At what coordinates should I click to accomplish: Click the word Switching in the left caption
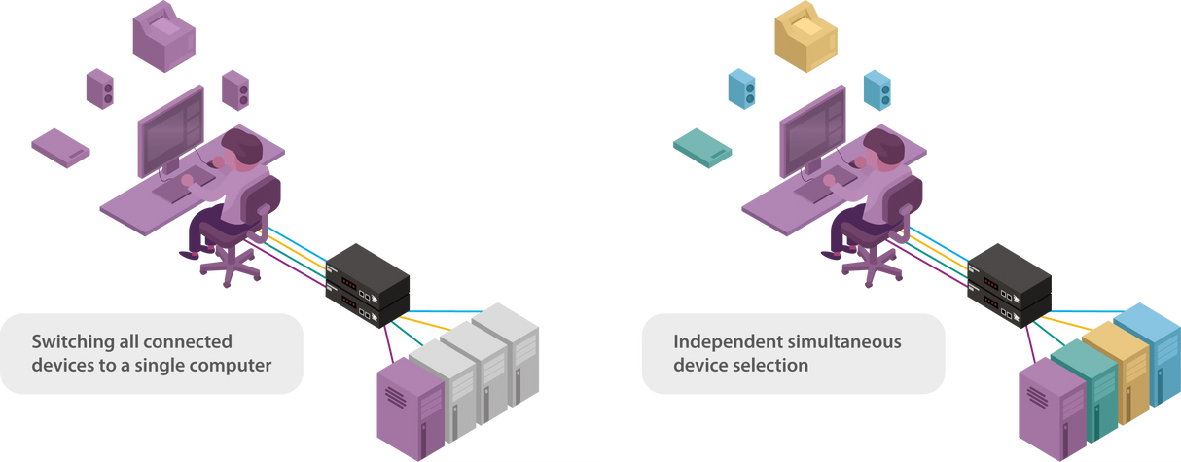click(71, 342)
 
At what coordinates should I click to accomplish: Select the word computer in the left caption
click(233, 366)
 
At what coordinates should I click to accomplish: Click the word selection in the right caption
click(778, 366)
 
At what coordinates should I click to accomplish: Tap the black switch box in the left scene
click(368, 282)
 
